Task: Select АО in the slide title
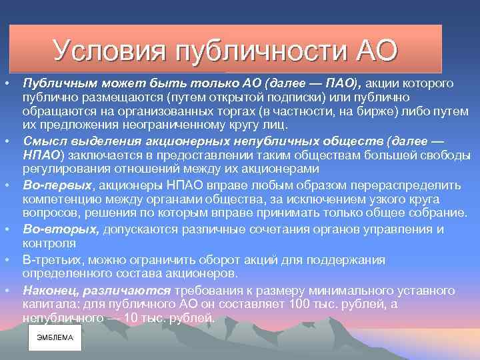tap(377, 49)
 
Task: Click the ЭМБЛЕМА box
tap(55, 338)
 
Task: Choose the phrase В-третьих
tap(53, 259)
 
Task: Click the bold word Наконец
tap(50, 290)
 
